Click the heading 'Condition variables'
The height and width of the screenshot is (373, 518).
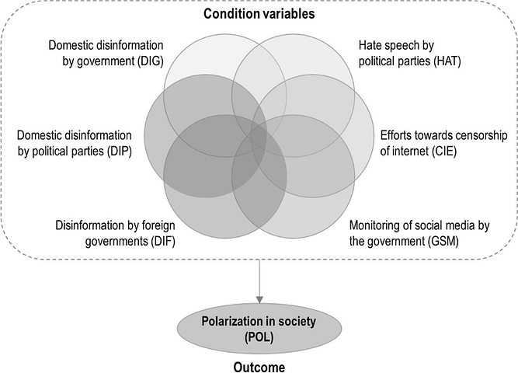tap(259, 14)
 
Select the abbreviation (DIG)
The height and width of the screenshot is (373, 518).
tap(151, 61)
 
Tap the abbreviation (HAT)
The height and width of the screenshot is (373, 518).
tap(447, 61)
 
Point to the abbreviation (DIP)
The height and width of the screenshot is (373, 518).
tap(120, 152)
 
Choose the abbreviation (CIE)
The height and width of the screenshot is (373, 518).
tap(443, 152)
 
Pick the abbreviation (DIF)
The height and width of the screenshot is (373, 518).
tap(163, 242)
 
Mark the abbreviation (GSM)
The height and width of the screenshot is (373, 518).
tap(443, 242)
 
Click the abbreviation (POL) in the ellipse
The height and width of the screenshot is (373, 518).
tap(259, 337)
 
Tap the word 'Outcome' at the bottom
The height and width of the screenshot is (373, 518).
tap(259, 367)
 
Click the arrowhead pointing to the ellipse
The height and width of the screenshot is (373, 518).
tap(259, 299)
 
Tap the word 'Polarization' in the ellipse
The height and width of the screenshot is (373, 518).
tap(230, 322)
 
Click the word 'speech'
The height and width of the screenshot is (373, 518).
tap(404, 46)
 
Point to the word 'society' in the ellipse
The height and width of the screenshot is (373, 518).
tap(297, 322)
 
